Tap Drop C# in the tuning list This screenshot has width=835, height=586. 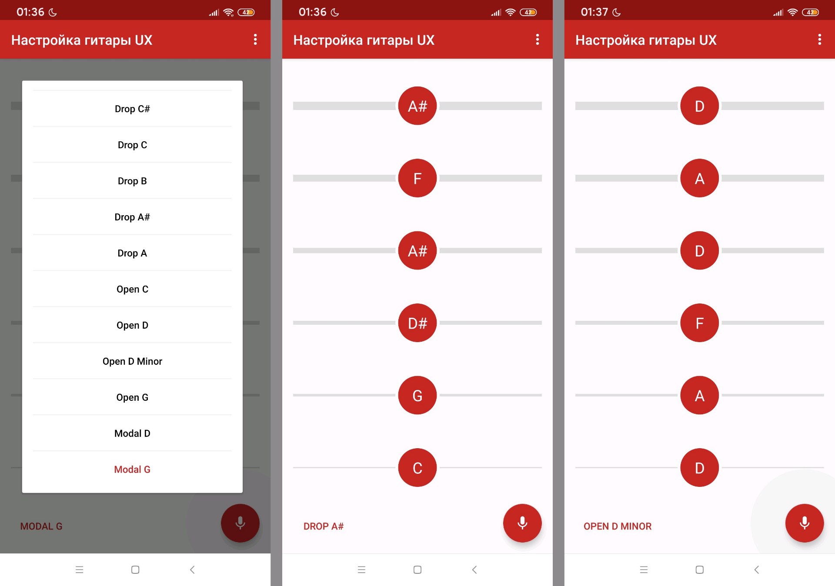(x=132, y=109)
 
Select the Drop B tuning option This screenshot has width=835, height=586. (x=132, y=181)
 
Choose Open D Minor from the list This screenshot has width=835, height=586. (x=132, y=361)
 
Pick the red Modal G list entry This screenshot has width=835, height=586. (x=132, y=469)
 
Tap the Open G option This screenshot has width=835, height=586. (x=132, y=397)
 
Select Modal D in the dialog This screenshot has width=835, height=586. (x=132, y=433)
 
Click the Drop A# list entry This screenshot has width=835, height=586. (x=132, y=217)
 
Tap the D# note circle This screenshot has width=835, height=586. (x=417, y=323)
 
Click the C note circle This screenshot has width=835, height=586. (x=417, y=468)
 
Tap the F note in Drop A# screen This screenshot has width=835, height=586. (x=417, y=178)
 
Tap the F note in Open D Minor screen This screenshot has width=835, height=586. (x=699, y=323)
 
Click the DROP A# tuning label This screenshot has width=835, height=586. (x=324, y=526)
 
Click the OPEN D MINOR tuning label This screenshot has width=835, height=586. (x=618, y=526)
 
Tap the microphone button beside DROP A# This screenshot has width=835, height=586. (x=522, y=523)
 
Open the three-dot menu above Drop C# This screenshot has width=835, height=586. (x=255, y=40)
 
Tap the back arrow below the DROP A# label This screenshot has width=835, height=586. (x=474, y=569)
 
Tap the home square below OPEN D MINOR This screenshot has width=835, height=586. (x=699, y=569)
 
